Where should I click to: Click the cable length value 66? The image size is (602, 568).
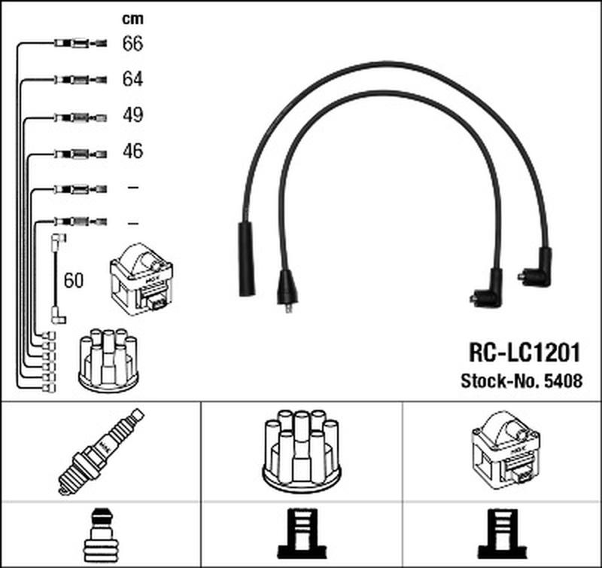132,43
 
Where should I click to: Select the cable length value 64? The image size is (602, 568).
132,79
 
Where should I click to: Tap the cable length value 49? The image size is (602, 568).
133,115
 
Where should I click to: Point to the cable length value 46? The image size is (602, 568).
133,151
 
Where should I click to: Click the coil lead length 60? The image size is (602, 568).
73,280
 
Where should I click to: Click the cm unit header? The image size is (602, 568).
133,19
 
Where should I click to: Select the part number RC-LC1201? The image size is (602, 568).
524,353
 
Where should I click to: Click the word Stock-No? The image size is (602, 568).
500,381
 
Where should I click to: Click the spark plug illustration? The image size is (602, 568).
101,451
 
